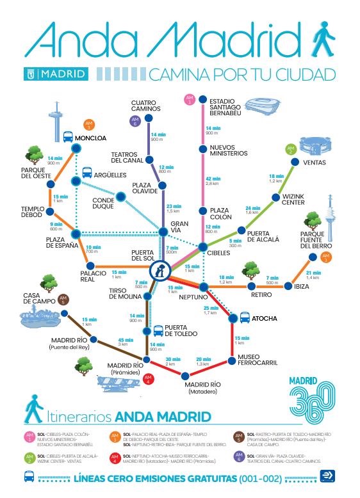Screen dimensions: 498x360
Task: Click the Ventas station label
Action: tap(315, 163)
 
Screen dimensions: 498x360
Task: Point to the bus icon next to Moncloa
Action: tap(67, 136)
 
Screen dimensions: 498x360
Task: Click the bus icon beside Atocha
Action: tap(244, 317)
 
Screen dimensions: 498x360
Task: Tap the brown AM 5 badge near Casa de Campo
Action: tap(63, 299)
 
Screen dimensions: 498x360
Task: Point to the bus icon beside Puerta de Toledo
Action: tap(157, 330)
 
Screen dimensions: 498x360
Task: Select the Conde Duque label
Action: tap(104, 202)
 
